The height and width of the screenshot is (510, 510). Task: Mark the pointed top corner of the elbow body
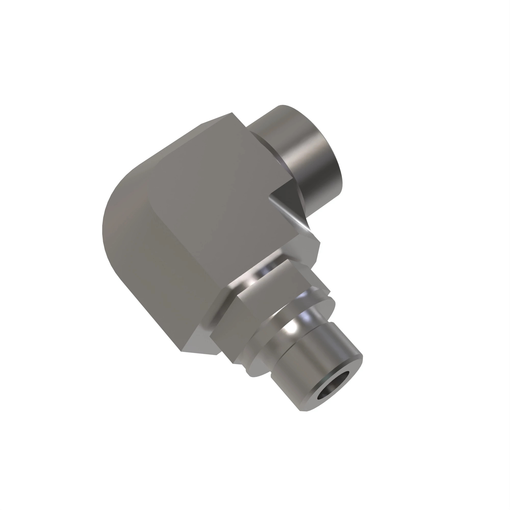pos(232,113)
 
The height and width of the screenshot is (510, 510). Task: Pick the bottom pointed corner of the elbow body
pos(181,351)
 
